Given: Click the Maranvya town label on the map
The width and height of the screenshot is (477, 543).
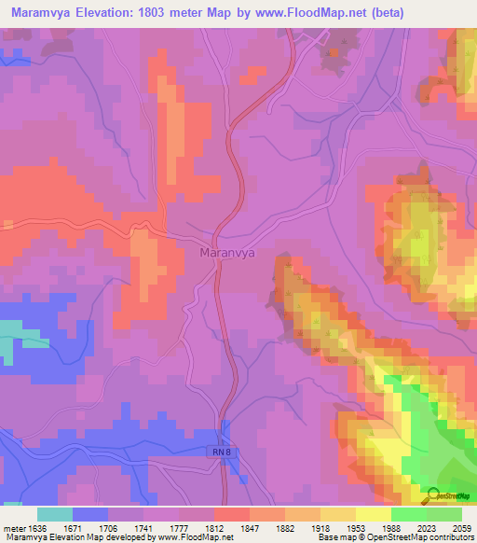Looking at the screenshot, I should point(228,252).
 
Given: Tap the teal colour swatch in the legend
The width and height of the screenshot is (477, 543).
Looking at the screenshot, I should point(55,514).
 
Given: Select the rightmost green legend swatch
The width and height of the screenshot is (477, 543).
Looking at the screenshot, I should point(444,514).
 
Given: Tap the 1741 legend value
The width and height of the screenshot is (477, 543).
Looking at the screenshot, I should point(131,527).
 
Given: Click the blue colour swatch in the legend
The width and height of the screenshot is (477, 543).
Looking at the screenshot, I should point(90,514).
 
